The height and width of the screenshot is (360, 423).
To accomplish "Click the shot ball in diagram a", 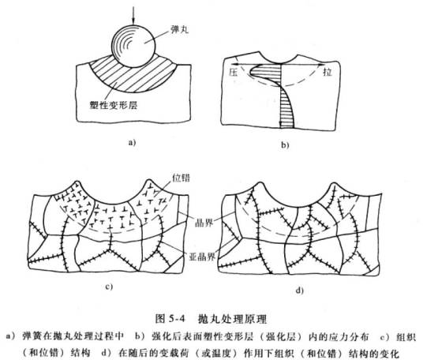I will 133,45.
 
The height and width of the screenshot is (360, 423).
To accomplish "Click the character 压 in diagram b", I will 234,70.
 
